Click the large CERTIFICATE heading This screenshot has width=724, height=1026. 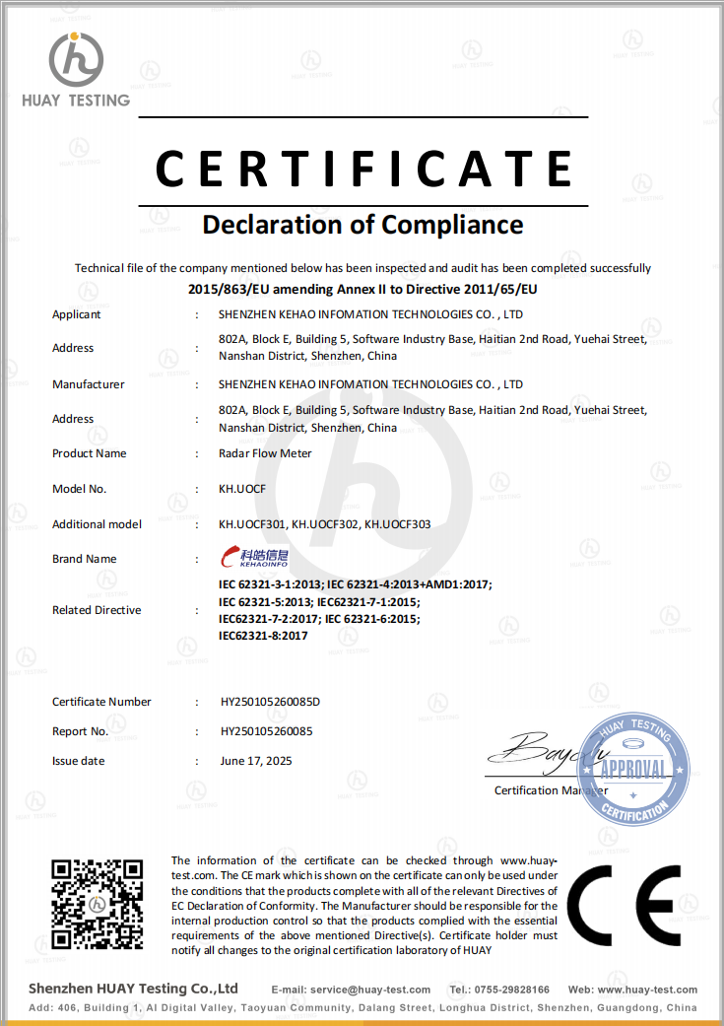[x=363, y=167]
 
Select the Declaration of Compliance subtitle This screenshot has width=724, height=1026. [x=362, y=225]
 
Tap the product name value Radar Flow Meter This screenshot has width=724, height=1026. [x=265, y=453]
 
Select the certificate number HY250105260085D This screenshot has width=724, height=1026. [x=271, y=702]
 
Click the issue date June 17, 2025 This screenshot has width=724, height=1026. [x=256, y=761]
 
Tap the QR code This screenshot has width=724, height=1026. [x=97, y=905]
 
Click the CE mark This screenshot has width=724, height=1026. [x=623, y=904]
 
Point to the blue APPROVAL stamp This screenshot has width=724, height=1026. [x=633, y=769]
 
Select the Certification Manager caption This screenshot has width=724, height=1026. [x=551, y=790]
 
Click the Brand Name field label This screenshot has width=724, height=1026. [x=85, y=559]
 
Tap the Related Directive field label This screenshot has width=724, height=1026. [x=97, y=610]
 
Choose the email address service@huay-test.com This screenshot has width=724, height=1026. [x=369, y=990]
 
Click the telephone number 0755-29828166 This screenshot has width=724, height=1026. [x=514, y=990]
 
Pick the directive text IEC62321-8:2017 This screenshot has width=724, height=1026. [x=263, y=636]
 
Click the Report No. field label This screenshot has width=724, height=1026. [x=80, y=731]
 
